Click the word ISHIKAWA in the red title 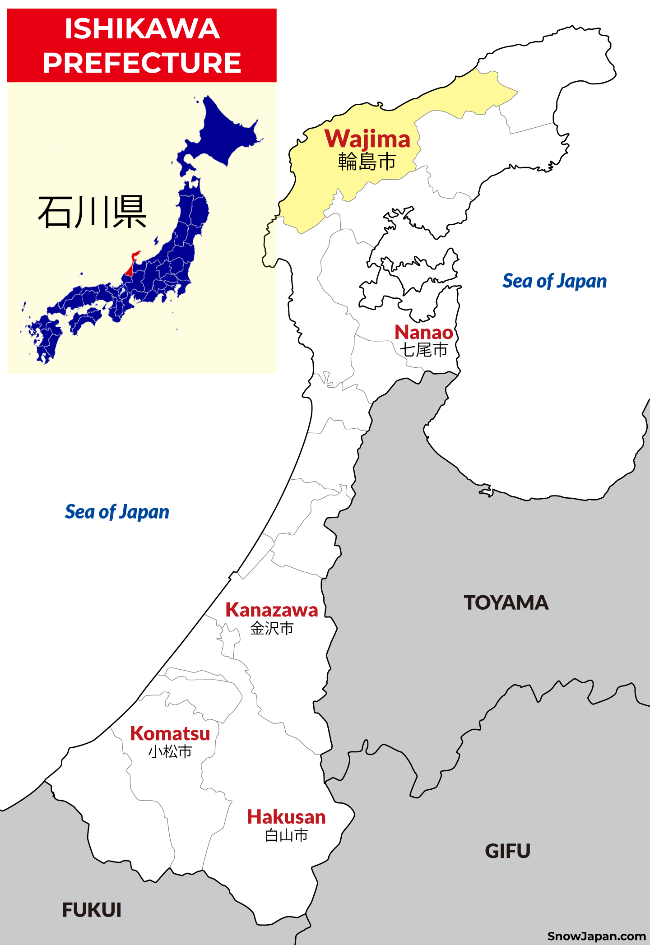[x=142, y=29]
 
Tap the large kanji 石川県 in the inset [x=93, y=212]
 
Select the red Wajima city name [x=367, y=139]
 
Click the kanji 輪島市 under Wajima [x=367, y=162]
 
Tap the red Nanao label [x=424, y=333]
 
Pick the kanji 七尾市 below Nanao [x=423, y=350]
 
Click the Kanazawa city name [x=272, y=610]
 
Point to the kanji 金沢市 [x=272, y=628]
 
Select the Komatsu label [x=170, y=734]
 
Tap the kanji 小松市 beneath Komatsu [x=170, y=751]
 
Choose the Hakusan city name [x=287, y=817]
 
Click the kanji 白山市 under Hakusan [x=287, y=835]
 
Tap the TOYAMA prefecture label [x=506, y=603]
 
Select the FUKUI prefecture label [x=92, y=910]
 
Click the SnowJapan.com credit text [x=596, y=936]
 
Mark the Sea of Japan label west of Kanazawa [x=117, y=512]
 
